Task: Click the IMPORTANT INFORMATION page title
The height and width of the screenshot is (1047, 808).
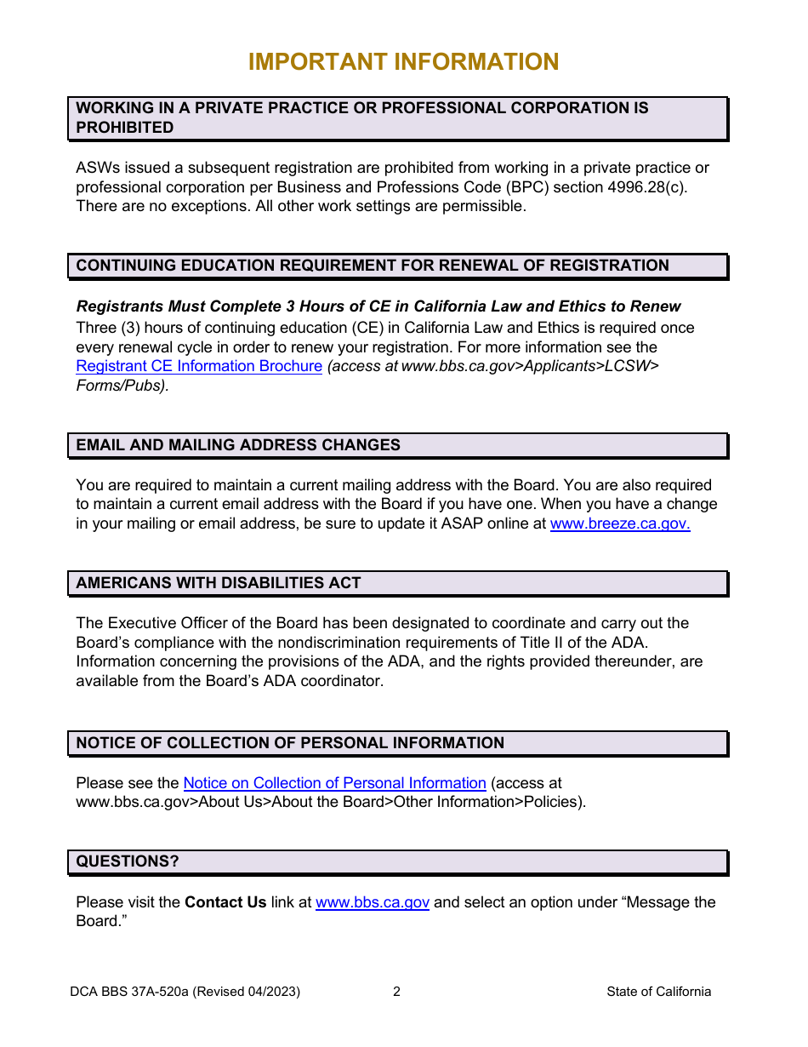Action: tap(403, 62)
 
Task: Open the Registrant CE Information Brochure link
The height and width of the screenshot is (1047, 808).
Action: tap(199, 367)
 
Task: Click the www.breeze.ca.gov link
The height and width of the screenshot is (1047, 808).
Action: tap(620, 524)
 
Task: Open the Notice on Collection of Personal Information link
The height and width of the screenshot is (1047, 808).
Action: tap(334, 783)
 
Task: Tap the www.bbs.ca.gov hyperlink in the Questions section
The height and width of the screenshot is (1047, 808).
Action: tap(372, 902)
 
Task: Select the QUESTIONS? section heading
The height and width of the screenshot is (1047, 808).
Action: tap(128, 861)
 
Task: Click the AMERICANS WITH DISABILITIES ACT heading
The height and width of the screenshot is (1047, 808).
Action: tap(219, 583)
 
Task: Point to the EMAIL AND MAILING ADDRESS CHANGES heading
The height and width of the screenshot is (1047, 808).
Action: tap(238, 445)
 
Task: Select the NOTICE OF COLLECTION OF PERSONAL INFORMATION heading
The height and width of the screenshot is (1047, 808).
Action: tap(290, 743)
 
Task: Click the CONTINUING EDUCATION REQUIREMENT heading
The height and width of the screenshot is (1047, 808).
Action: tap(373, 266)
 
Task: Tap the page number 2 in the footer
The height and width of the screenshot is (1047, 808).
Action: tap(396, 992)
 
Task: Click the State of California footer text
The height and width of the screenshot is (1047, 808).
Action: tap(658, 992)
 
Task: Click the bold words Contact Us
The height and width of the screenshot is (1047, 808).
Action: tap(225, 902)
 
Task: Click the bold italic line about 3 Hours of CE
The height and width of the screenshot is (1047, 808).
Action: tap(378, 306)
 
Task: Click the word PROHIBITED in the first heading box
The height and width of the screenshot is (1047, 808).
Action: tap(125, 128)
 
